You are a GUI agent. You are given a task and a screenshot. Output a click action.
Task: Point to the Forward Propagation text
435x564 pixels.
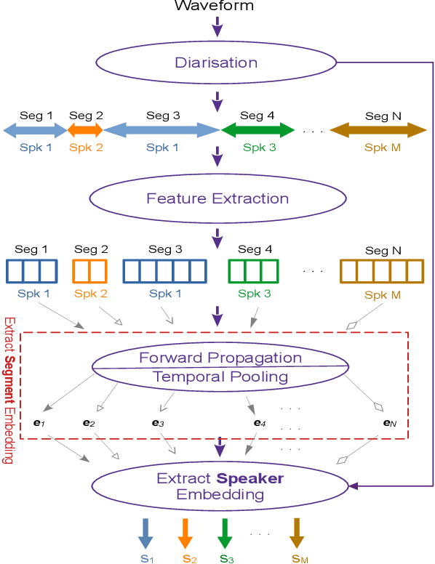220,358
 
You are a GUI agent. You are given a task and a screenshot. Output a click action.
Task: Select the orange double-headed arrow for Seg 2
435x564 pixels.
86,131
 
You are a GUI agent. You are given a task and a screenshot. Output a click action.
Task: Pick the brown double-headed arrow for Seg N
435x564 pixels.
378,131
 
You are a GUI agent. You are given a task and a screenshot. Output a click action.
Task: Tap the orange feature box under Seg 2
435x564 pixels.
89,271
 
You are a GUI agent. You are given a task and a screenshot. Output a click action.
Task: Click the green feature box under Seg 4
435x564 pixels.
253,271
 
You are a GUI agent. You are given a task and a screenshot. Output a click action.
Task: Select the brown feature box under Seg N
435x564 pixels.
382,271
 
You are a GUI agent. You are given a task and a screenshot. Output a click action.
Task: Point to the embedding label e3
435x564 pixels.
159,422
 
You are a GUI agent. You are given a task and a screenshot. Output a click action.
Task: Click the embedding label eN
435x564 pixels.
390,422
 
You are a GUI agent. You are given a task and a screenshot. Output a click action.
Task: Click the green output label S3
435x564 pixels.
226,557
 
